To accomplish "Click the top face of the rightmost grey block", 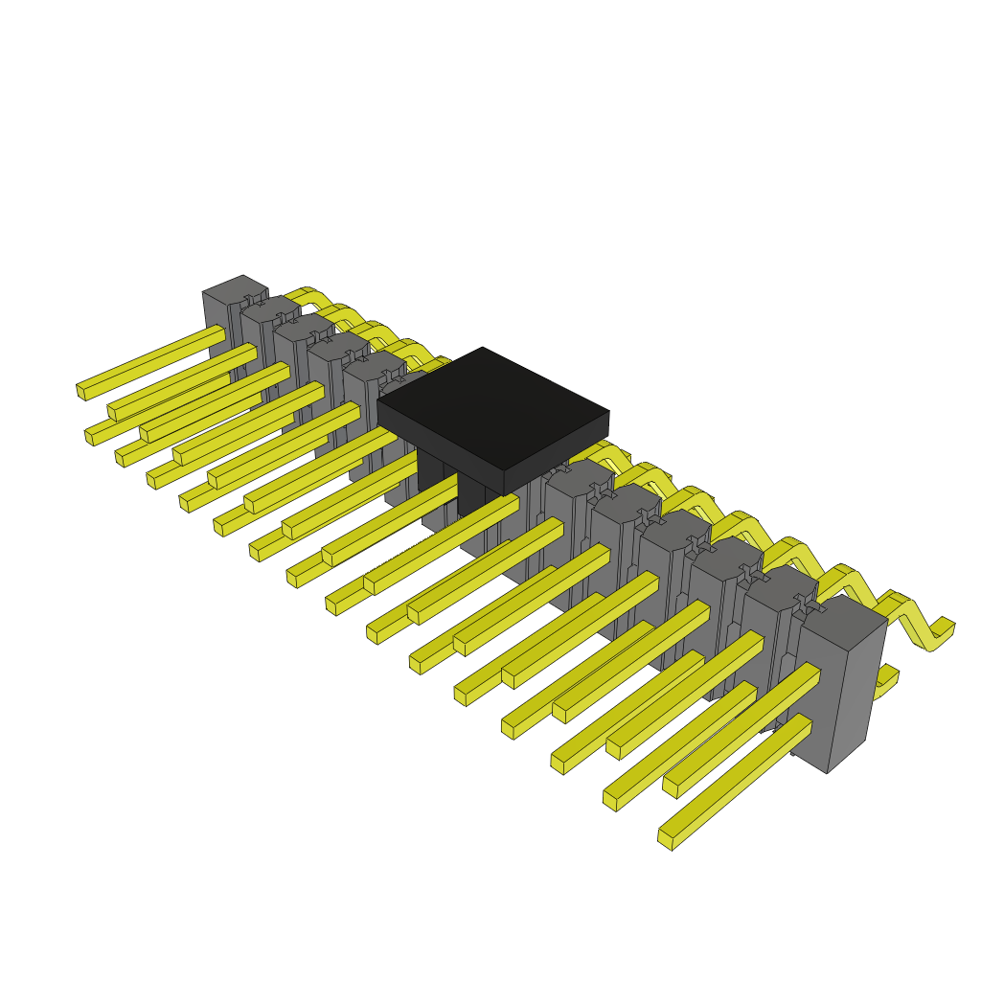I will (841, 621).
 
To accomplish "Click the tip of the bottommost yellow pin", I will (666, 838).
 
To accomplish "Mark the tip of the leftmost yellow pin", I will (81, 391).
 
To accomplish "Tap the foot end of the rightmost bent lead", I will (944, 629).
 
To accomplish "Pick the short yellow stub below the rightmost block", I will (887, 679).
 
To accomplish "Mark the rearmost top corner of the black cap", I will (483, 350).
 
